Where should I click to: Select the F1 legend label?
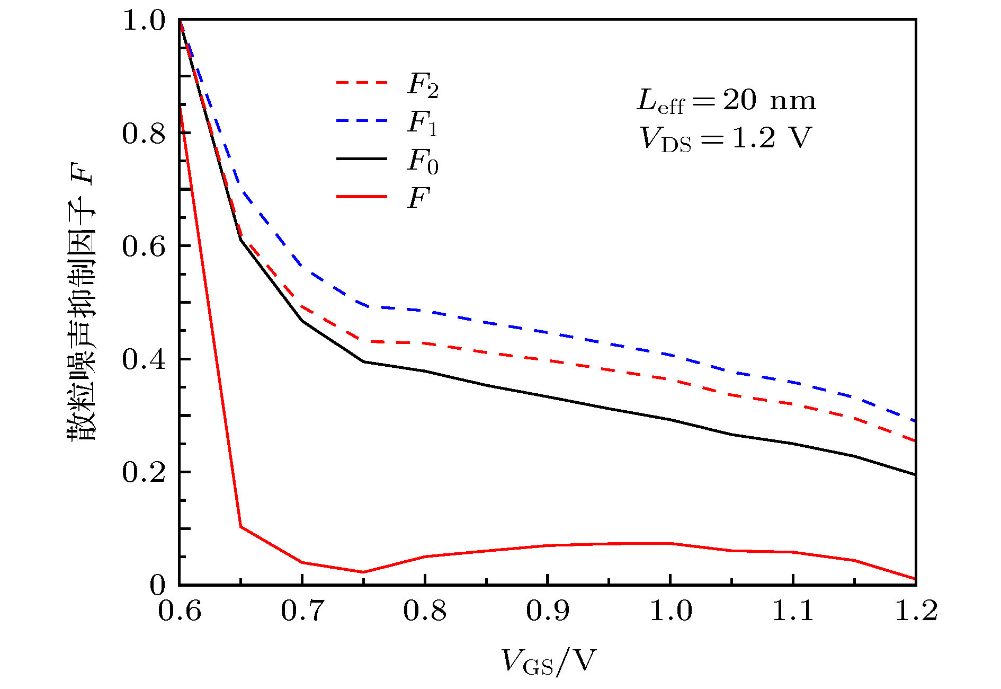423,123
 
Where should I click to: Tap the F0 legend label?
423,161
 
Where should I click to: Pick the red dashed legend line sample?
362,83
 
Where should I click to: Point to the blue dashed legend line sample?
362,121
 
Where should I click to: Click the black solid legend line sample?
362,158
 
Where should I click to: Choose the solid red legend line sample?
362,197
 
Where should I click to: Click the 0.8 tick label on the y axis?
144,133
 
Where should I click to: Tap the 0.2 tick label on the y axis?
144,472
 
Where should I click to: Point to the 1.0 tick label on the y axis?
144,21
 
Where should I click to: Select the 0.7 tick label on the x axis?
302,611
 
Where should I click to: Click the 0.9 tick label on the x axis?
548,611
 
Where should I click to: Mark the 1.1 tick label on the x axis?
793,611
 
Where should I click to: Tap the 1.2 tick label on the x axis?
916,611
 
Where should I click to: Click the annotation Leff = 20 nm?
726,100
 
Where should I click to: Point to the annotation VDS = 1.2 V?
725,138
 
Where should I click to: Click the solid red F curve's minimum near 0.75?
363,572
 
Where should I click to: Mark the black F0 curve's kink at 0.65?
241,240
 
